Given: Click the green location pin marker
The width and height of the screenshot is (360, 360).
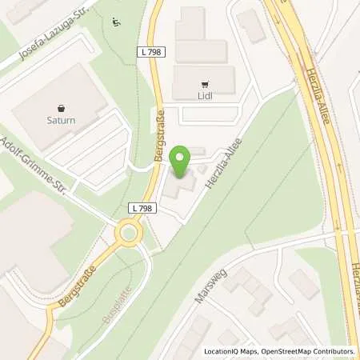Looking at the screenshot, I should [x=182, y=162].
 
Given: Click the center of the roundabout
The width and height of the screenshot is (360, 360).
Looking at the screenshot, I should [x=128, y=234].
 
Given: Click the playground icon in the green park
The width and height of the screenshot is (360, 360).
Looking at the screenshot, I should [x=118, y=22].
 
